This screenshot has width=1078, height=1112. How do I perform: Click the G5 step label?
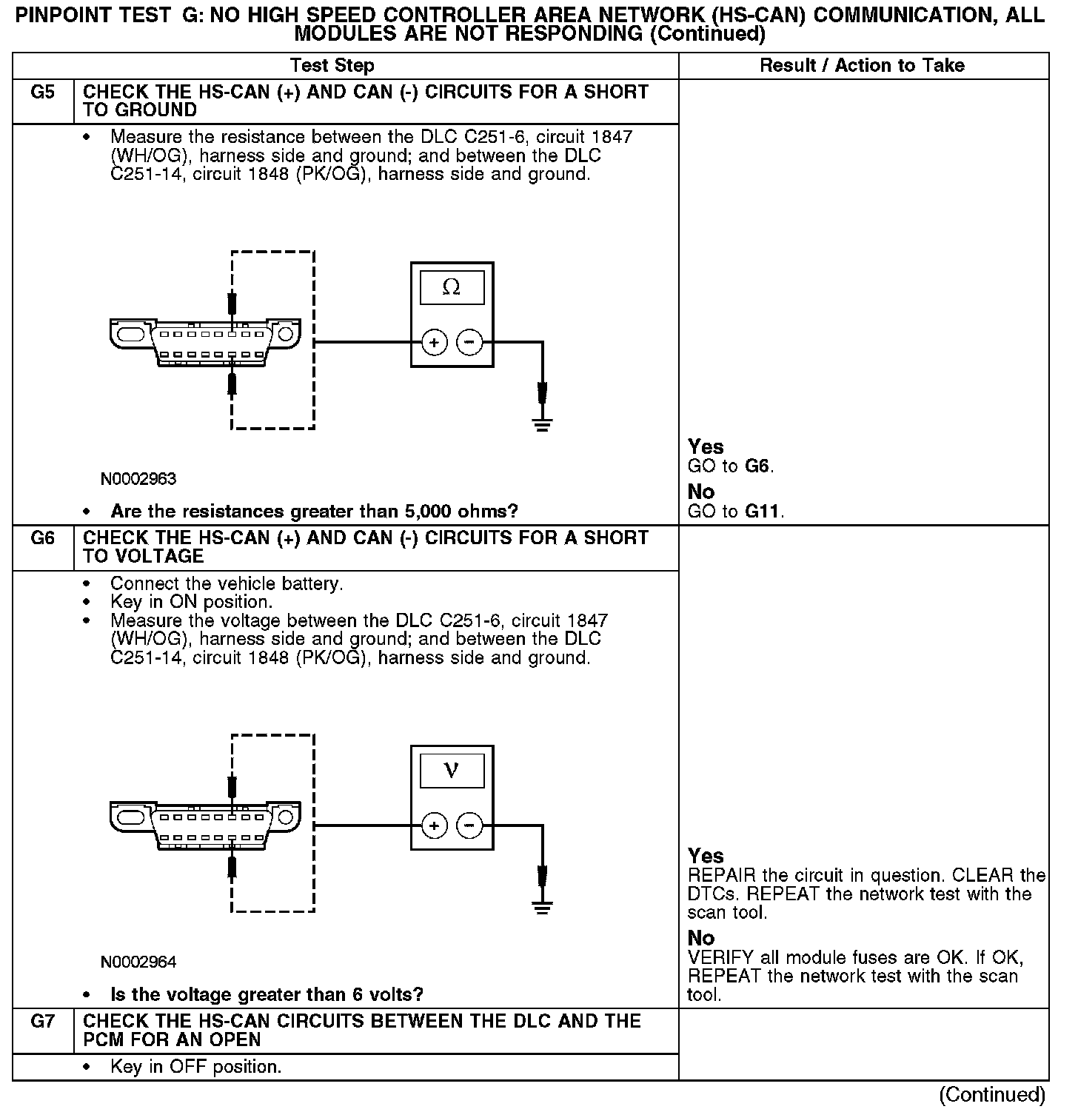tap(42, 93)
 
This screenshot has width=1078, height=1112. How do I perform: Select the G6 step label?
tap(42, 539)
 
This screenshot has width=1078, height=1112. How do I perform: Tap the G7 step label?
tap(42, 1022)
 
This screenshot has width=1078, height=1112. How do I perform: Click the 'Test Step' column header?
tap(332, 66)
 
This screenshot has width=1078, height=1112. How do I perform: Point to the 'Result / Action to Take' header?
tap(862, 66)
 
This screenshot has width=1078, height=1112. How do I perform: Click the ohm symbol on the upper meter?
tap(451, 287)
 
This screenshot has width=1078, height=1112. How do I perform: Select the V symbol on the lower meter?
tap(451, 771)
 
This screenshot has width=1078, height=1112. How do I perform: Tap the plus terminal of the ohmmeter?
tap(435, 343)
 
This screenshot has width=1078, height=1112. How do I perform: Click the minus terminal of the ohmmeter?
tap(469, 343)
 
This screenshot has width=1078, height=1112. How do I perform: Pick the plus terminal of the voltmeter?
tap(435, 826)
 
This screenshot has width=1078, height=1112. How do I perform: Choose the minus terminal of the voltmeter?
tap(469, 826)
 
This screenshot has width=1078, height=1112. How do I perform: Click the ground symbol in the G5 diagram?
tap(543, 424)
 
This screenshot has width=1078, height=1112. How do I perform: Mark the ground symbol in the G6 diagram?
tap(543, 907)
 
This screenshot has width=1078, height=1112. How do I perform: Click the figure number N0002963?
tap(138, 479)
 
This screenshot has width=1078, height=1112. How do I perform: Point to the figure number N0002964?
tap(138, 962)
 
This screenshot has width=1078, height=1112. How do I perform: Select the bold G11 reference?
tap(763, 512)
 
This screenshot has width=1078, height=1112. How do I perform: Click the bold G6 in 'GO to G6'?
tap(757, 466)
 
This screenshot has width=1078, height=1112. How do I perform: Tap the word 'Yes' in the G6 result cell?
tap(706, 856)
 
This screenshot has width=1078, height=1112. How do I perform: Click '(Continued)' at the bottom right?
tap(991, 1095)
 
